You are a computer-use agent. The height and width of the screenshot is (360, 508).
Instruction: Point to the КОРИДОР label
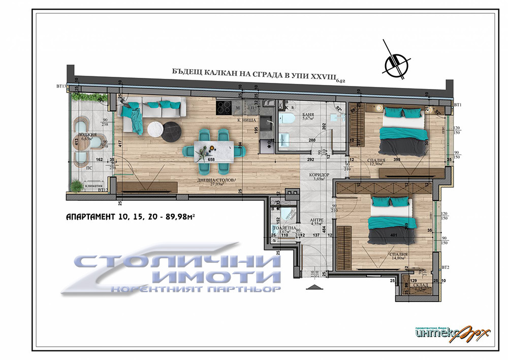[320, 175]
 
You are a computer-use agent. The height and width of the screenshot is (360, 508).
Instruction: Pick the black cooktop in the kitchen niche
[224, 107]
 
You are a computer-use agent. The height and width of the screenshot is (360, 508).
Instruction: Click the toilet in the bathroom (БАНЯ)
[288, 118]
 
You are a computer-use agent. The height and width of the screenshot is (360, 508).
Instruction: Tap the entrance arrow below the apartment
[314, 286]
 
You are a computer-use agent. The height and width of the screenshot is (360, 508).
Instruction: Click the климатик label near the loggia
[94, 187]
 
